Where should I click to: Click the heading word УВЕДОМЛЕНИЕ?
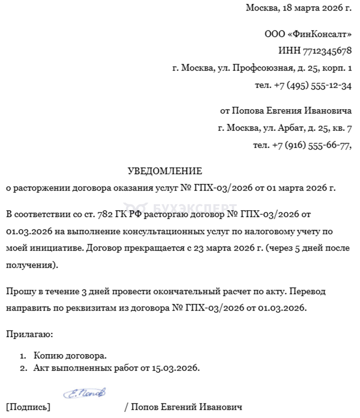(x=165, y=171)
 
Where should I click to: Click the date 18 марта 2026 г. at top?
(x=316, y=8)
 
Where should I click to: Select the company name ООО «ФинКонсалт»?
(x=308, y=34)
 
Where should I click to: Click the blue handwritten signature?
(x=84, y=393)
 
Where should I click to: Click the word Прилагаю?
(x=29, y=334)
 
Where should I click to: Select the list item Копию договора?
(x=70, y=356)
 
